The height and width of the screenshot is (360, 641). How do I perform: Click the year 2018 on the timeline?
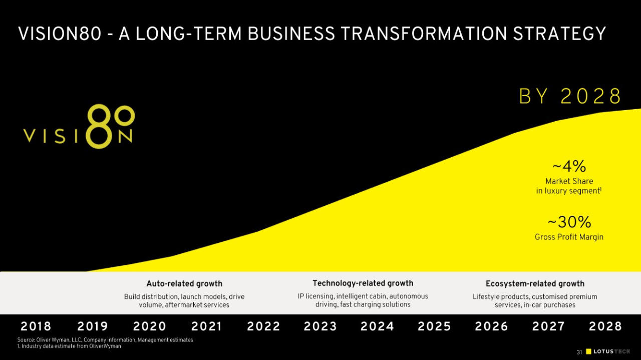[x=36, y=326]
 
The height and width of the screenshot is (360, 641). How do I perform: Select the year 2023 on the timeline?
[x=320, y=326]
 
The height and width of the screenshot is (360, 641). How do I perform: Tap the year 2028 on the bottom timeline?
[x=605, y=326]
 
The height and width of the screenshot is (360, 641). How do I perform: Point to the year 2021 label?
[x=207, y=326]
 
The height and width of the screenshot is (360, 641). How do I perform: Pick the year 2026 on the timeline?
[x=492, y=326]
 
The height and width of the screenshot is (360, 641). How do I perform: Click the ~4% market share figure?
[x=569, y=166]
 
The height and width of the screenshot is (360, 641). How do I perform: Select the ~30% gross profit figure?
[x=569, y=222]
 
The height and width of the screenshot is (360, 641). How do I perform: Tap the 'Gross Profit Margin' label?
[x=569, y=237]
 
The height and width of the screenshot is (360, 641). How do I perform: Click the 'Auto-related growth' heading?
[x=184, y=284]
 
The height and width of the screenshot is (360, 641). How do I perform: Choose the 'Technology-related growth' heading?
[x=363, y=283]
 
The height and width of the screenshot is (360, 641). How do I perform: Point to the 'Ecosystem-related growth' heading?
[x=535, y=284]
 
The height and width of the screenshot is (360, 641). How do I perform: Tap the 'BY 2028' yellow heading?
[x=570, y=97]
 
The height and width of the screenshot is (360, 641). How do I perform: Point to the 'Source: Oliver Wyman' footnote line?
[x=105, y=340]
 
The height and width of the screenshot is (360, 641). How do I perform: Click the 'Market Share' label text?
[x=569, y=181]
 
